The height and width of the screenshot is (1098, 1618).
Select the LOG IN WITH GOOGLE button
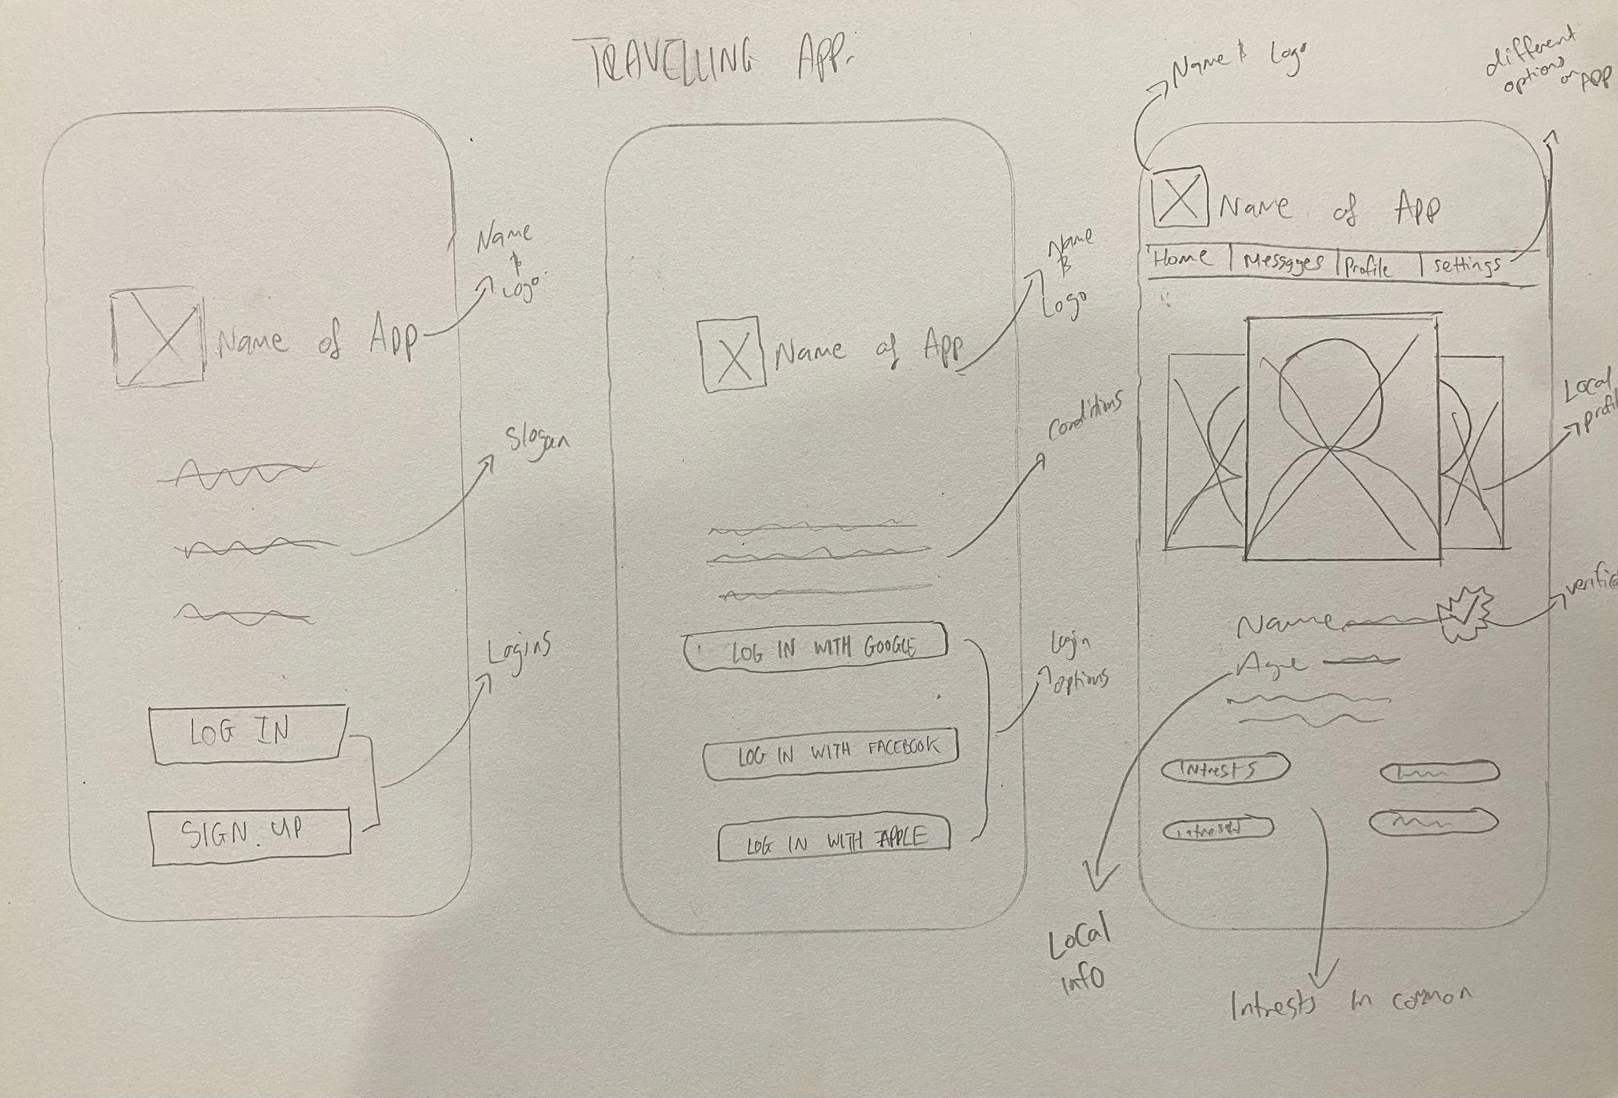click(x=816, y=648)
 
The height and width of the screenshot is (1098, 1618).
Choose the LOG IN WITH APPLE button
click(x=834, y=840)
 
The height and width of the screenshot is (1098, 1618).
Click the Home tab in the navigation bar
click(x=1182, y=259)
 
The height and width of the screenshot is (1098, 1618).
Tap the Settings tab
click(x=1466, y=266)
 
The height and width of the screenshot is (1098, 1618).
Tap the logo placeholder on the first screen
click(x=159, y=336)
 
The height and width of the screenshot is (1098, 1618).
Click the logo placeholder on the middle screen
click(x=733, y=353)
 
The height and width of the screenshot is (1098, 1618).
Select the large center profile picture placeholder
click(x=1342, y=439)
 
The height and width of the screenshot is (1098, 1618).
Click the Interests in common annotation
click(x=1351, y=1004)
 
